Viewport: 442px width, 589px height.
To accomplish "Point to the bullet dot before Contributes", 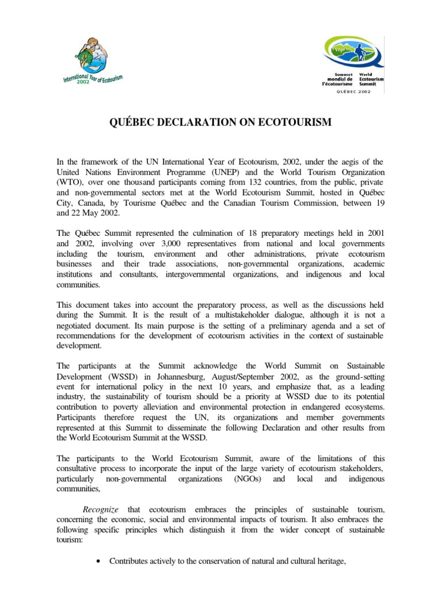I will coord(101,561).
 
